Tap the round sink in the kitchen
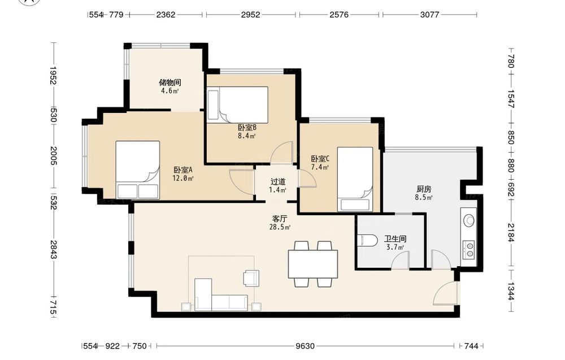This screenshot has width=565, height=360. [x=469, y=220]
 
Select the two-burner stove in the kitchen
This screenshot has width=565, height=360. [x=470, y=250]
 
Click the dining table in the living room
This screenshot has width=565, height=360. [x=313, y=264]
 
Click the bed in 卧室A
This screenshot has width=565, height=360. [x=137, y=170]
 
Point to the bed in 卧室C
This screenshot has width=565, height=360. [x=355, y=179]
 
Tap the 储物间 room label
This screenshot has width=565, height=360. [x=169, y=83]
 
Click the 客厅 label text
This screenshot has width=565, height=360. [x=280, y=219]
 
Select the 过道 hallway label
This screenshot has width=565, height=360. [x=278, y=182]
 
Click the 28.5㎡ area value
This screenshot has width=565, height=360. [x=280, y=227]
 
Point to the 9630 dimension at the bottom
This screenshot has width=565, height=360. [x=305, y=346]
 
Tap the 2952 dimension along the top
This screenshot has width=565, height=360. [x=250, y=15]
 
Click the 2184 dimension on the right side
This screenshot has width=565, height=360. [x=511, y=232]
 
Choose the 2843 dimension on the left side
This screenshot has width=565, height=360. [x=53, y=249]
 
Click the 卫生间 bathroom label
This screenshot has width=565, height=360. [x=395, y=239]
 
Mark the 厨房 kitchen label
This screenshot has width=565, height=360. [x=424, y=189]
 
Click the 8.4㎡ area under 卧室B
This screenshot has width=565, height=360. [x=246, y=136]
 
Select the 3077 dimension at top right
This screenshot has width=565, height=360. [x=429, y=15]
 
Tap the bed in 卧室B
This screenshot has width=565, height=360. [x=238, y=105]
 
